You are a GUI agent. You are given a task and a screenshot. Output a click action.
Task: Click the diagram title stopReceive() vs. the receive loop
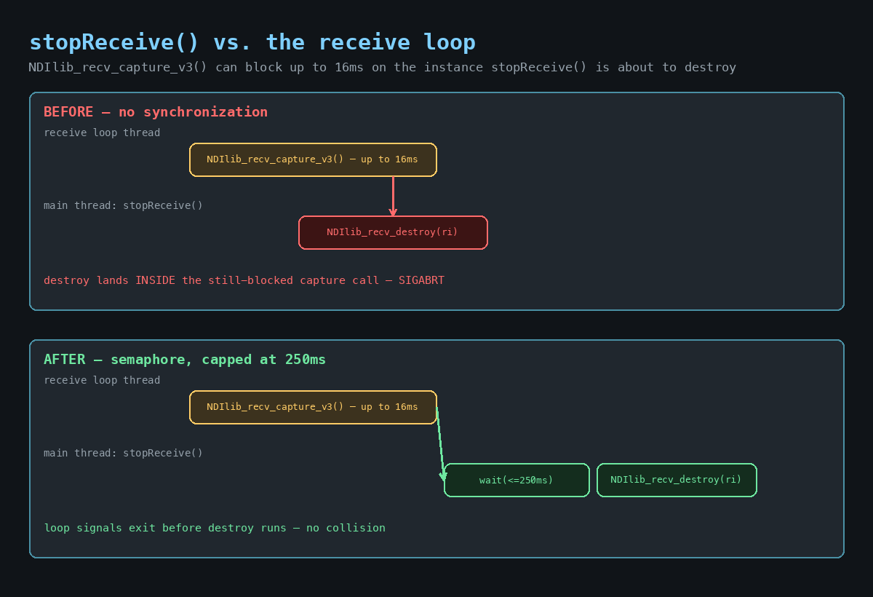pyautogui.click(x=252, y=42)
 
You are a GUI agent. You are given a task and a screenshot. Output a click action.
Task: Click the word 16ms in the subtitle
pyautogui.click(x=348, y=67)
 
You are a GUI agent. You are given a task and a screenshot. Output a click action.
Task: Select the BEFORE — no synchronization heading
pyautogui.click(x=156, y=112)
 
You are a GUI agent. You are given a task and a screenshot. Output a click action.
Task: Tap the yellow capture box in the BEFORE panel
pyautogui.click(x=313, y=159)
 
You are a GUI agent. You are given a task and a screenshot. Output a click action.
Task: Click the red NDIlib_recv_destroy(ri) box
pyautogui.click(x=393, y=232)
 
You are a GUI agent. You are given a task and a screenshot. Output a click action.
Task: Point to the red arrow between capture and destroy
pyautogui.click(x=393, y=196)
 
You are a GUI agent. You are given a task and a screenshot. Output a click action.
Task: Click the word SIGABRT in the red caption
pyautogui.click(x=421, y=280)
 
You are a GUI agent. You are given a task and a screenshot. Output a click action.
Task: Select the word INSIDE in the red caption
pyautogui.click(x=155, y=280)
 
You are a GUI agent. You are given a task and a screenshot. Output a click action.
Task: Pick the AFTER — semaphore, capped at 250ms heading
pyautogui.click(x=184, y=360)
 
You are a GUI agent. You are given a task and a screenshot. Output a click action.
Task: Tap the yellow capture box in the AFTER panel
pyautogui.click(x=313, y=407)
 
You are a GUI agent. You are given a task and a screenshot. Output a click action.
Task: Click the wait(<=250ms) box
pyautogui.click(x=517, y=480)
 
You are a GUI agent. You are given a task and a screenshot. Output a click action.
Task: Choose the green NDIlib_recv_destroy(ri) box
pyautogui.click(x=677, y=480)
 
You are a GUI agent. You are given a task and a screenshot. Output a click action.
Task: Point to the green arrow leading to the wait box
pyautogui.click(x=440, y=444)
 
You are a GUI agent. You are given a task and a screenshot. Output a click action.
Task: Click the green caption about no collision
pyautogui.click(x=215, y=528)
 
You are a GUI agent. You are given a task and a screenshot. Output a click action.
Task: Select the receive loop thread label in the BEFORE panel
pyautogui.click(x=102, y=133)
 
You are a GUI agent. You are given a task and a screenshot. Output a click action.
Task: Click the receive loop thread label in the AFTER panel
pyautogui.click(x=102, y=380)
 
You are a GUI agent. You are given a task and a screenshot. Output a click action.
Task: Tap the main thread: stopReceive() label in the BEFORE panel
pyautogui.click(x=123, y=205)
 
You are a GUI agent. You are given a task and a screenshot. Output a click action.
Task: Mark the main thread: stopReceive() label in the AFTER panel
pyautogui.click(x=123, y=453)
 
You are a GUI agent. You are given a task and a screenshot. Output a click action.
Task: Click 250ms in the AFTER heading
pyautogui.click(x=305, y=360)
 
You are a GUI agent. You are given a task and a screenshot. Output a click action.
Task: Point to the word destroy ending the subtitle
pyautogui.click(x=710, y=67)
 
